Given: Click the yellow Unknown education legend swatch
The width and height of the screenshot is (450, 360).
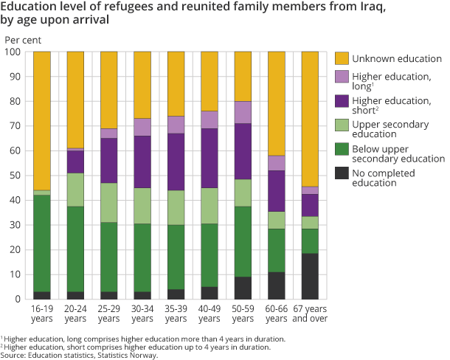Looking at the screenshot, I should pos(342,59).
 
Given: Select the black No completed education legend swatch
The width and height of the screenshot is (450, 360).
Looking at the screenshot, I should pos(342,173).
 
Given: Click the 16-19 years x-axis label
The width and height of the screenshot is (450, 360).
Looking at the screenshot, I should pos(43,314).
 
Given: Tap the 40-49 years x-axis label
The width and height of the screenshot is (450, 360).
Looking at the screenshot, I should pos(209,314).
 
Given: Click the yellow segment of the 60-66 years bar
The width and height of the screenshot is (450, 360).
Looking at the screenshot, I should pos(276,103).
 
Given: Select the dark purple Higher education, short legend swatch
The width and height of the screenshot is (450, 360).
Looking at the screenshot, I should pos(342,102).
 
